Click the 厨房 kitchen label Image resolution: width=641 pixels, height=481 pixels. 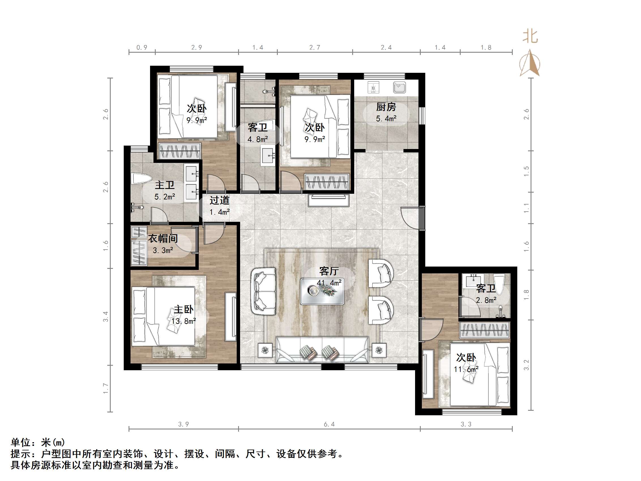pyautogui.click(x=386, y=107)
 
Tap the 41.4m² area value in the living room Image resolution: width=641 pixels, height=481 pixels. pyautogui.click(x=329, y=283)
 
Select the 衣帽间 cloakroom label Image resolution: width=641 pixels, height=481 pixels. pyautogui.click(x=163, y=239)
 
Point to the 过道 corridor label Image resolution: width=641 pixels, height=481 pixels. pyautogui.click(x=219, y=200)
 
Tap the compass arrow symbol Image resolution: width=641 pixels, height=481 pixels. pyautogui.click(x=530, y=63)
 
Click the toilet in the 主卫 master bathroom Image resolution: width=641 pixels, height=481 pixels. pyautogui.click(x=141, y=178)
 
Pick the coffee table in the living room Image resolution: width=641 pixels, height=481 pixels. pyautogui.click(x=322, y=291)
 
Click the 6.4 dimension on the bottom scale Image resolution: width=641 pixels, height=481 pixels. pyautogui.click(x=329, y=424)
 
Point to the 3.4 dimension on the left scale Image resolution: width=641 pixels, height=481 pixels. pyautogui.click(x=106, y=316)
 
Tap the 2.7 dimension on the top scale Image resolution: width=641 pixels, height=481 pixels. pyautogui.click(x=315, y=48)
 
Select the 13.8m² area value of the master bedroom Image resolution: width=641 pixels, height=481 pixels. pyautogui.click(x=183, y=321)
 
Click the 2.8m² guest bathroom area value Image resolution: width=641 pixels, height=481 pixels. pyautogui.click(x=486, y=300)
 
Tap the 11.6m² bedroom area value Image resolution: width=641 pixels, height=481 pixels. pyautogui.click(x=466, y=369)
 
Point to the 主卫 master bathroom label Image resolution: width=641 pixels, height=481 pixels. pyautogui.click(x=164, y=185)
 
